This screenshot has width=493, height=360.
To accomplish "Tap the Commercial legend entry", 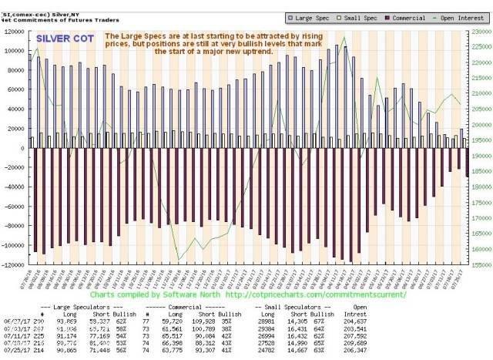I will [406, 15].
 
